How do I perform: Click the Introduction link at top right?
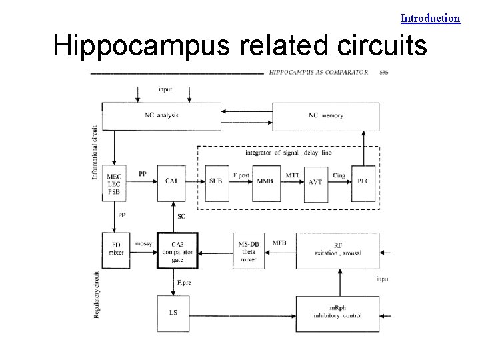click(x=430, y=18)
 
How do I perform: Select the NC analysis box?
click(x=161, y=116)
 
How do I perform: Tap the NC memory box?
click(x=326, y=116)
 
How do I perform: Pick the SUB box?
click(x=215, y=181)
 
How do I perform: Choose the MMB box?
click(x=265, y=181)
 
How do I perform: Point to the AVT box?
click(x=315, y=181)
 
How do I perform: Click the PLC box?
click(x=363, y=180)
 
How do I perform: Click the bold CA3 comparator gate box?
click(x=177, y=250)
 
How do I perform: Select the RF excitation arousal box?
click(x=337, y=250)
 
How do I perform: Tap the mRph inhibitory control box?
click(x=337, y=311)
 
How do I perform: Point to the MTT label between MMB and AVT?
click(x=293, y=174)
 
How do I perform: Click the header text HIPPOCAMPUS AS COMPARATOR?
click(x=319, y=72)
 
